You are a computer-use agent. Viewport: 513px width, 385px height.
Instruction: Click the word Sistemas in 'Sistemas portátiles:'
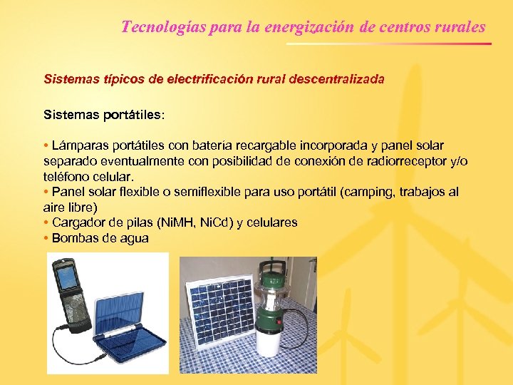point(68,114)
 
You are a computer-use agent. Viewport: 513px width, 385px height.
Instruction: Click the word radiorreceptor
point(396,161)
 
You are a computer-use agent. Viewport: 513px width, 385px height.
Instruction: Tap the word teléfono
point(68,176)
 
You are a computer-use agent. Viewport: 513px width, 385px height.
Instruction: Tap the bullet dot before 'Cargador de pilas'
point(46,222)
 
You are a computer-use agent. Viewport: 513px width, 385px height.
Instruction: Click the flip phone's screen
point(68,279)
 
